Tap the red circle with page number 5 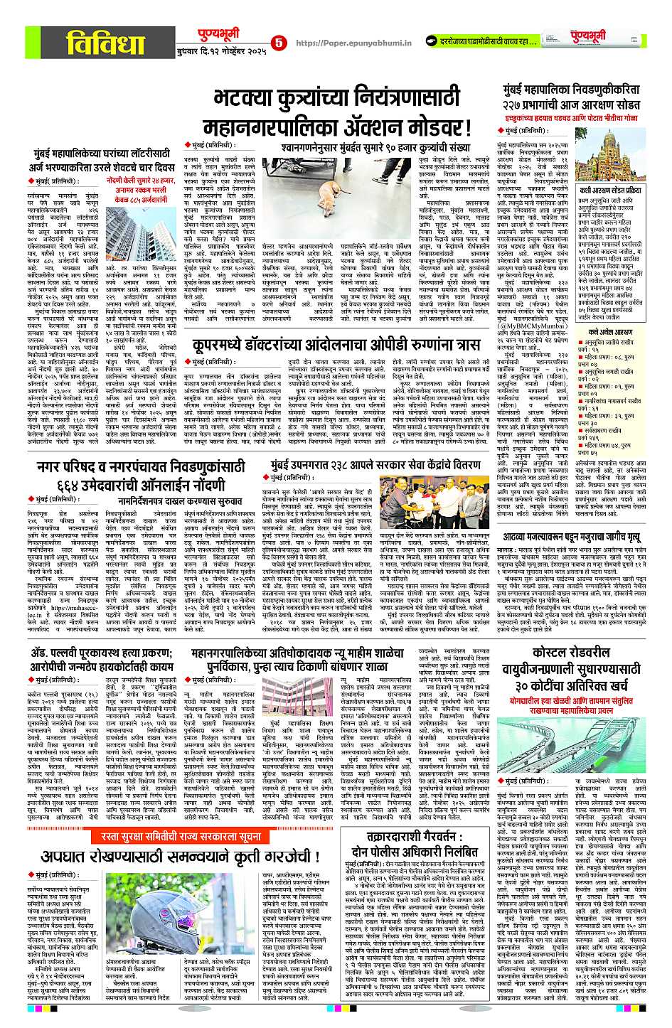coord(277,43)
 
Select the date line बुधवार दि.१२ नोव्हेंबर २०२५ coord(221,51)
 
